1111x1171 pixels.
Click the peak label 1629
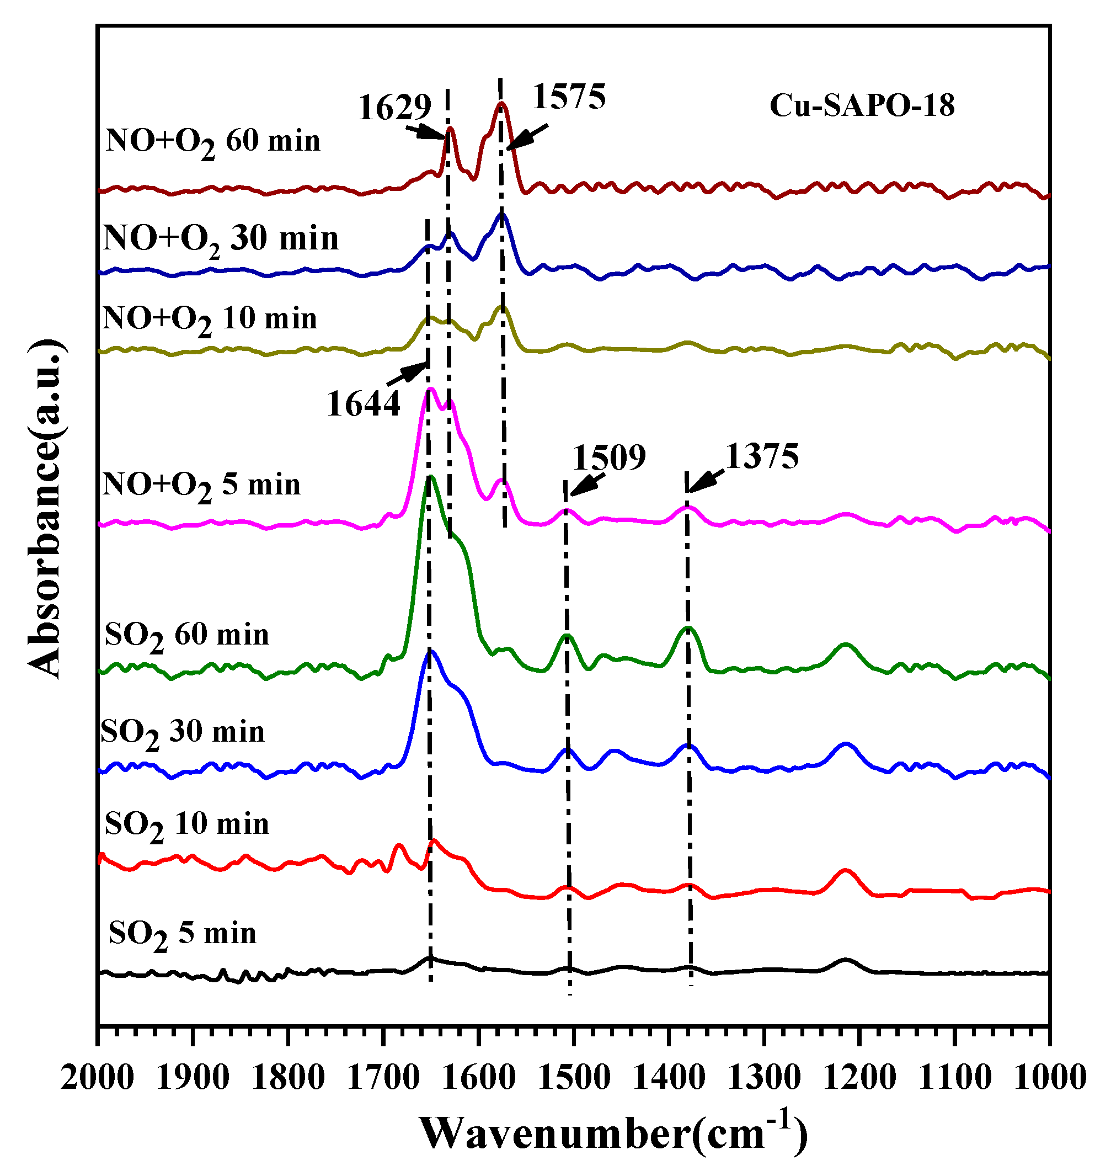pyautogui.click(x=394, y=108)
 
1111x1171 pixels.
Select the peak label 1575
pyautogui.click(x=569, y=97)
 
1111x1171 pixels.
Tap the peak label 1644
pyautogui.click(x=363, y=404)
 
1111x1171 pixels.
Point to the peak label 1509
pyautogui.click(x=609, y=458)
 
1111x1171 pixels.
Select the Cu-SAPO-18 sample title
pyautogui.click(x=862, y=105)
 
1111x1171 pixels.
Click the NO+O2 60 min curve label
pyautogui.click(x=212, y=142)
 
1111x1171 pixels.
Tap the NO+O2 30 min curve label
pyautogui.click(x=220, y=239)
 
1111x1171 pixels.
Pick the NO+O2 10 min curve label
pyautogui.click(x=210, y=320)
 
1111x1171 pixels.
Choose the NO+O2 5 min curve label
pyautogui.click(x=201, y=486)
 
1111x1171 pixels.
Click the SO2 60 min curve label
pyautogui.click(x=186, y=636)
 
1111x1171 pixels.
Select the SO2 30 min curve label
pyautogui.click(x=183, y=733)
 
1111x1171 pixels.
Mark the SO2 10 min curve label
pyautogui.click(x=186, y=825)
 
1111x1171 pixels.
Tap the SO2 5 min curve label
pyautogui.click(x=183, y=934)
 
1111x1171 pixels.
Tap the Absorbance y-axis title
pyautogui.click(x=45, y=509)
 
